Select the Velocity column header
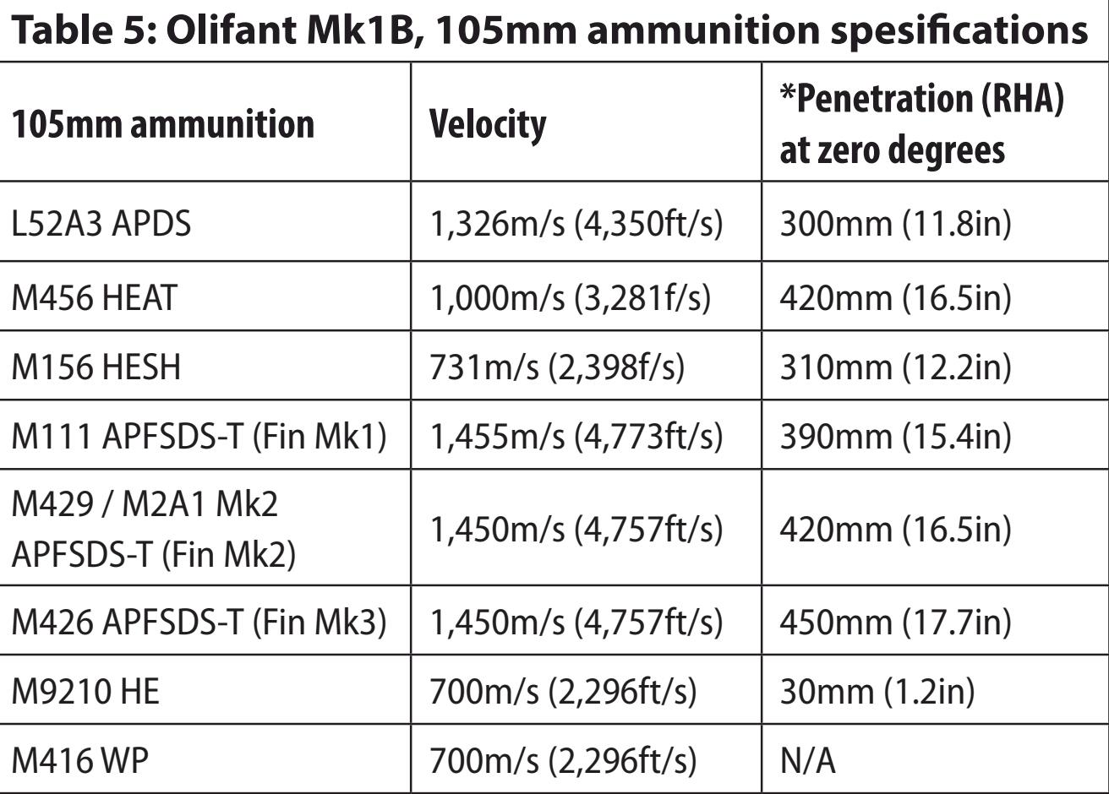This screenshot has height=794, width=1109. pyautogui.click(x=488, y=123)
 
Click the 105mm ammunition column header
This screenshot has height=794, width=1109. pyautogui.click(x=163, y=124)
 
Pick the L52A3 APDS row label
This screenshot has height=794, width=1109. pyautogui.click(x=101, y=225)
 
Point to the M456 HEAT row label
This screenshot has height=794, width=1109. pyautogui.click(x=95, y=296)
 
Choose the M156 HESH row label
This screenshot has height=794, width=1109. pyautogui.click(x=96, y=367)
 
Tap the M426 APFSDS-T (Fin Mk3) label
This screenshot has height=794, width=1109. pyautogui.click(x=199, y=622)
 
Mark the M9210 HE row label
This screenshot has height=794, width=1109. pyautogui.click(x=85, y=692)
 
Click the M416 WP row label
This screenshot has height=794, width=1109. pyautogui.click(x=79, y=761)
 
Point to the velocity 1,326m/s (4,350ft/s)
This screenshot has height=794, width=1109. pyautogui.click(x=576, y=226)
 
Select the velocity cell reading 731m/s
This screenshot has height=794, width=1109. pyautogui.click(x=557, y=368)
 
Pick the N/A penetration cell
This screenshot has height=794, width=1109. pyautogui.click(x=807, y=761)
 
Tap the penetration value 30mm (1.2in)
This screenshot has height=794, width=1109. pyautogui.click(x=877, y=692)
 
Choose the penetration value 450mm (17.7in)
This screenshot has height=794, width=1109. pyautogui.click(x=894, y=623)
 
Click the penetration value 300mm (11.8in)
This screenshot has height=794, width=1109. pyautogui.click(x=894, y=226)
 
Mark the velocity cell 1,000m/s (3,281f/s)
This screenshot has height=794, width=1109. pyautogui.click(x=571, y=297)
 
